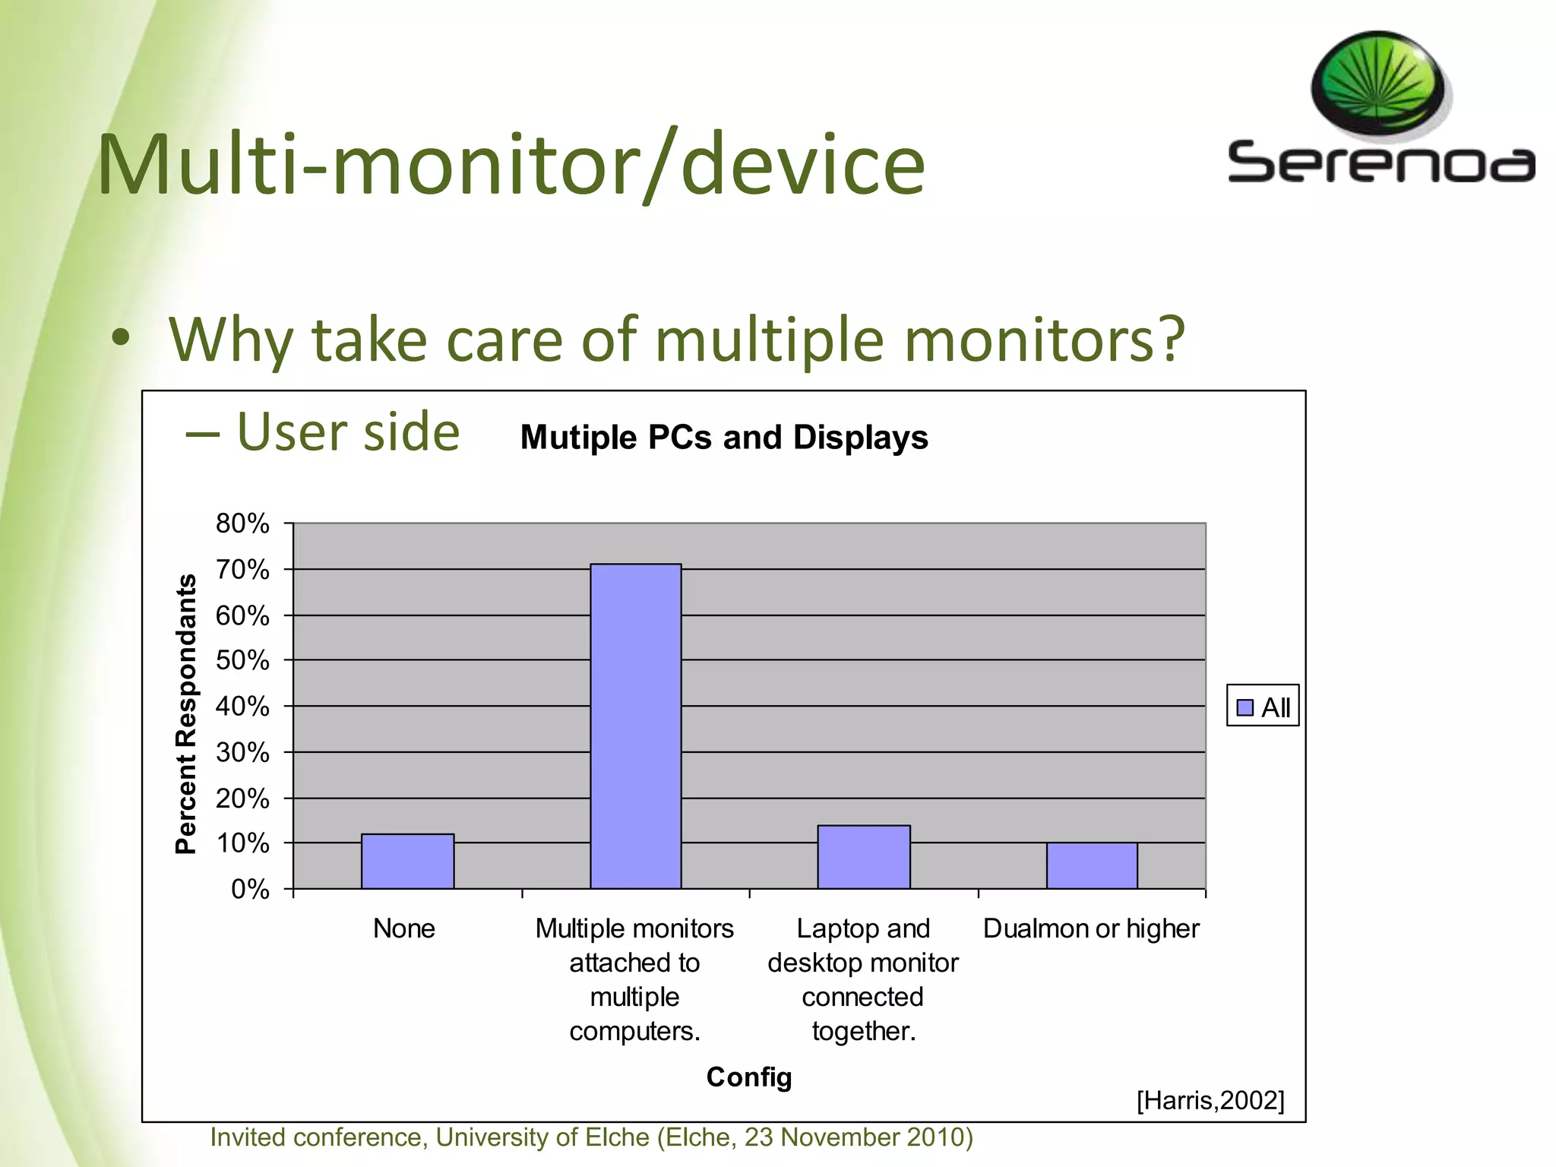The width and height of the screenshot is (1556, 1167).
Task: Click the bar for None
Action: coord(407,862)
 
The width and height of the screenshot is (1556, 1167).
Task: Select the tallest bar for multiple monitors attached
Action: coord(635,726)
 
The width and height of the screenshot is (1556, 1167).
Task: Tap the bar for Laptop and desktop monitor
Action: coord(863,857)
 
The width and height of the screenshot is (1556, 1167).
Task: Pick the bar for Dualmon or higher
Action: coord(1091,865)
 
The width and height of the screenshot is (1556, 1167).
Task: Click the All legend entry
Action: coord(1263,707)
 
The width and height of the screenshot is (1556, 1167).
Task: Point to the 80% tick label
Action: coord(242,523)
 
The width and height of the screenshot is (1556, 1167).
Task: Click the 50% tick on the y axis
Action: coord(242,660)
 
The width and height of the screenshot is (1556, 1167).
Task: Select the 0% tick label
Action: coord(250,889)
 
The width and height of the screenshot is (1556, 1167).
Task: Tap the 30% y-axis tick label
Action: coord(242,752)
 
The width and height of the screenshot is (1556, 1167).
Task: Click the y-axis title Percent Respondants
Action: coord(186,713)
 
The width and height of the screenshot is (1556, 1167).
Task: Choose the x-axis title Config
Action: coord(748,1077)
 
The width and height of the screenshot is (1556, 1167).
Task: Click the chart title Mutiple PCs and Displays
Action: coord(723,438)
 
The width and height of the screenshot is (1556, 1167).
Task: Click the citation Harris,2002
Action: coord(1210,1100)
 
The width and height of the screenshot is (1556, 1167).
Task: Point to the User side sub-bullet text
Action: coord(347,432)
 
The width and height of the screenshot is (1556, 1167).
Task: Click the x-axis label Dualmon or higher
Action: coord(1091,928)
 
